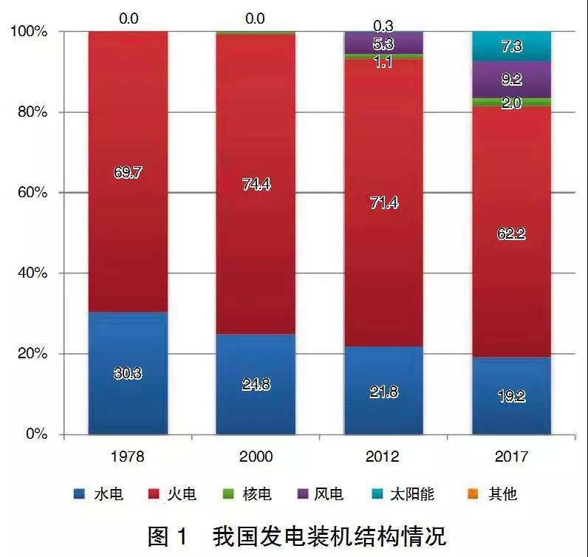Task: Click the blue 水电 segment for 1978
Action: [x=128, y=373]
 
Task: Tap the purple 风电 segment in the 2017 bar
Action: [x=511, y=79]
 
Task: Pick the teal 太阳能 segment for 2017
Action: [x=511, y=46]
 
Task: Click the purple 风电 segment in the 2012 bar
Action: [x=383, y=44]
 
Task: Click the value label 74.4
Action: [x=255, y=185]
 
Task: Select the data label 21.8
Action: [x=383, y=392]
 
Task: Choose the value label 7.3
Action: [x=511, y=46]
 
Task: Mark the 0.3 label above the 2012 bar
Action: [x=383, y=24]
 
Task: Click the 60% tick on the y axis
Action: [x=33, y=193]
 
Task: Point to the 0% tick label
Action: [x=35, y=434]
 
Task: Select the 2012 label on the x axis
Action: [x=383, y=457]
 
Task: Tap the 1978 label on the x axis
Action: [x=128, y=457]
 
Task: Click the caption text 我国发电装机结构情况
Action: [x=329, y=534]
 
